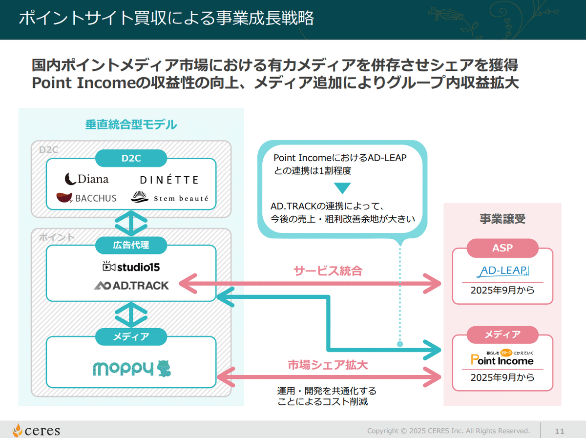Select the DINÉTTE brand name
[x=169, y=180]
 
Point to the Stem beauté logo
[x=169, y=198]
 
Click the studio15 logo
[x=131, y=267]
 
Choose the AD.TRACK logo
[x=131, y=285]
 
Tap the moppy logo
[x=132, y=369]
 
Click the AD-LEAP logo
[x=502, y=271]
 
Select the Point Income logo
[x=502, y=359]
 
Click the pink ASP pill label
[x=502, y=248]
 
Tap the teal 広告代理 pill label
[x=131, y=245]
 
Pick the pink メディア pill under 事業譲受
[x=502, y=334]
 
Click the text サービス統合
[x=328, y=271]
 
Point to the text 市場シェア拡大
[x=328, y=365]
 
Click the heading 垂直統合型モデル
[x=131, y=125]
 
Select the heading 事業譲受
[x=502, y=219]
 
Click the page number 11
[x=559, y=431]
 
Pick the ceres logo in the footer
[x=37, y=430]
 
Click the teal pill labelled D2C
[x=131, y=158]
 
